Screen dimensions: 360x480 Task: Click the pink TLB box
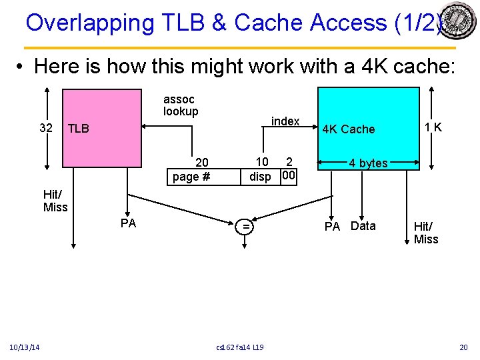[101, 128]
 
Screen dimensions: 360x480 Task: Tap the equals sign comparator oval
[246, 227]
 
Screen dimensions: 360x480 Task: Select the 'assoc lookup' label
[181, 105]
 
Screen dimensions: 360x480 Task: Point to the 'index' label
[285, 121]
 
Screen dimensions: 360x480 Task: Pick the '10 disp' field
[261, 169]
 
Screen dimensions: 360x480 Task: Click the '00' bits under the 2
[289, 176]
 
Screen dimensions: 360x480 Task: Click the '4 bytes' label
[368, 163]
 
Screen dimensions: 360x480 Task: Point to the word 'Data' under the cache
[363, 226]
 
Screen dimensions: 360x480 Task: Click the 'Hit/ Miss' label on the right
[426, 233]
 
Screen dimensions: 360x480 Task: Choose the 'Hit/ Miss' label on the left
[55, 201]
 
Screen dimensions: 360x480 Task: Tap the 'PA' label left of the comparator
[129, 223]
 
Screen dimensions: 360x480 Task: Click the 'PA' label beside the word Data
[332, 227]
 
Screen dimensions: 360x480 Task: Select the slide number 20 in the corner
[464, 347]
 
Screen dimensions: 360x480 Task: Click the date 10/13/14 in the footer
[25, 347]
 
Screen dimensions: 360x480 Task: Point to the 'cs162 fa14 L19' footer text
[240, 347]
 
